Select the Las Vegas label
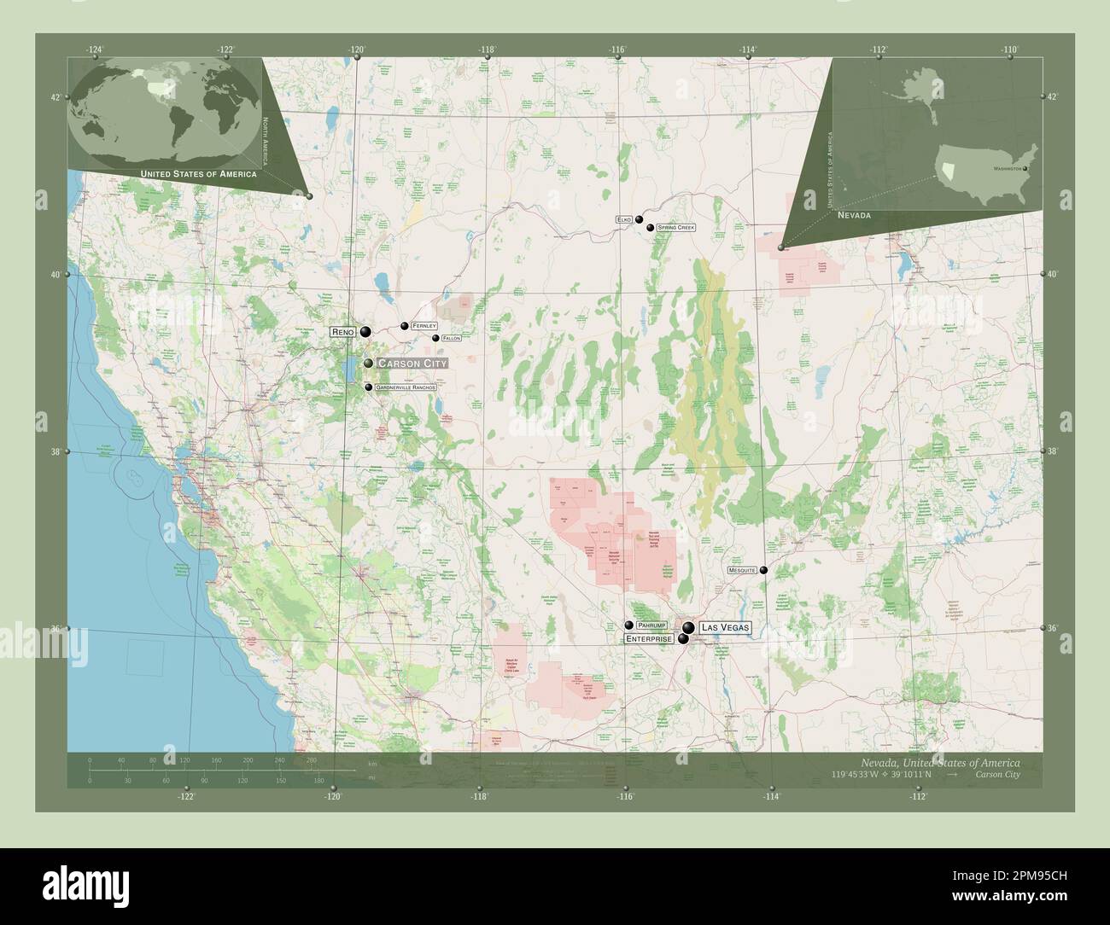(725, 627)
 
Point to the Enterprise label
(648, 638)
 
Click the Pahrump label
(651, 625)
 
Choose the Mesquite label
(742, 569)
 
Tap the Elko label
(624, 220)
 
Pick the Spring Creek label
(676, 228)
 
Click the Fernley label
(424, 326)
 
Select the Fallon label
(452, 338)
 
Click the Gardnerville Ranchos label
(406, 387)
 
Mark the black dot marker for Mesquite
(764, 570)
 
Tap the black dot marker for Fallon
(436, 338)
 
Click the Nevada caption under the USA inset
(854, 216)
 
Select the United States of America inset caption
(197, 174)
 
